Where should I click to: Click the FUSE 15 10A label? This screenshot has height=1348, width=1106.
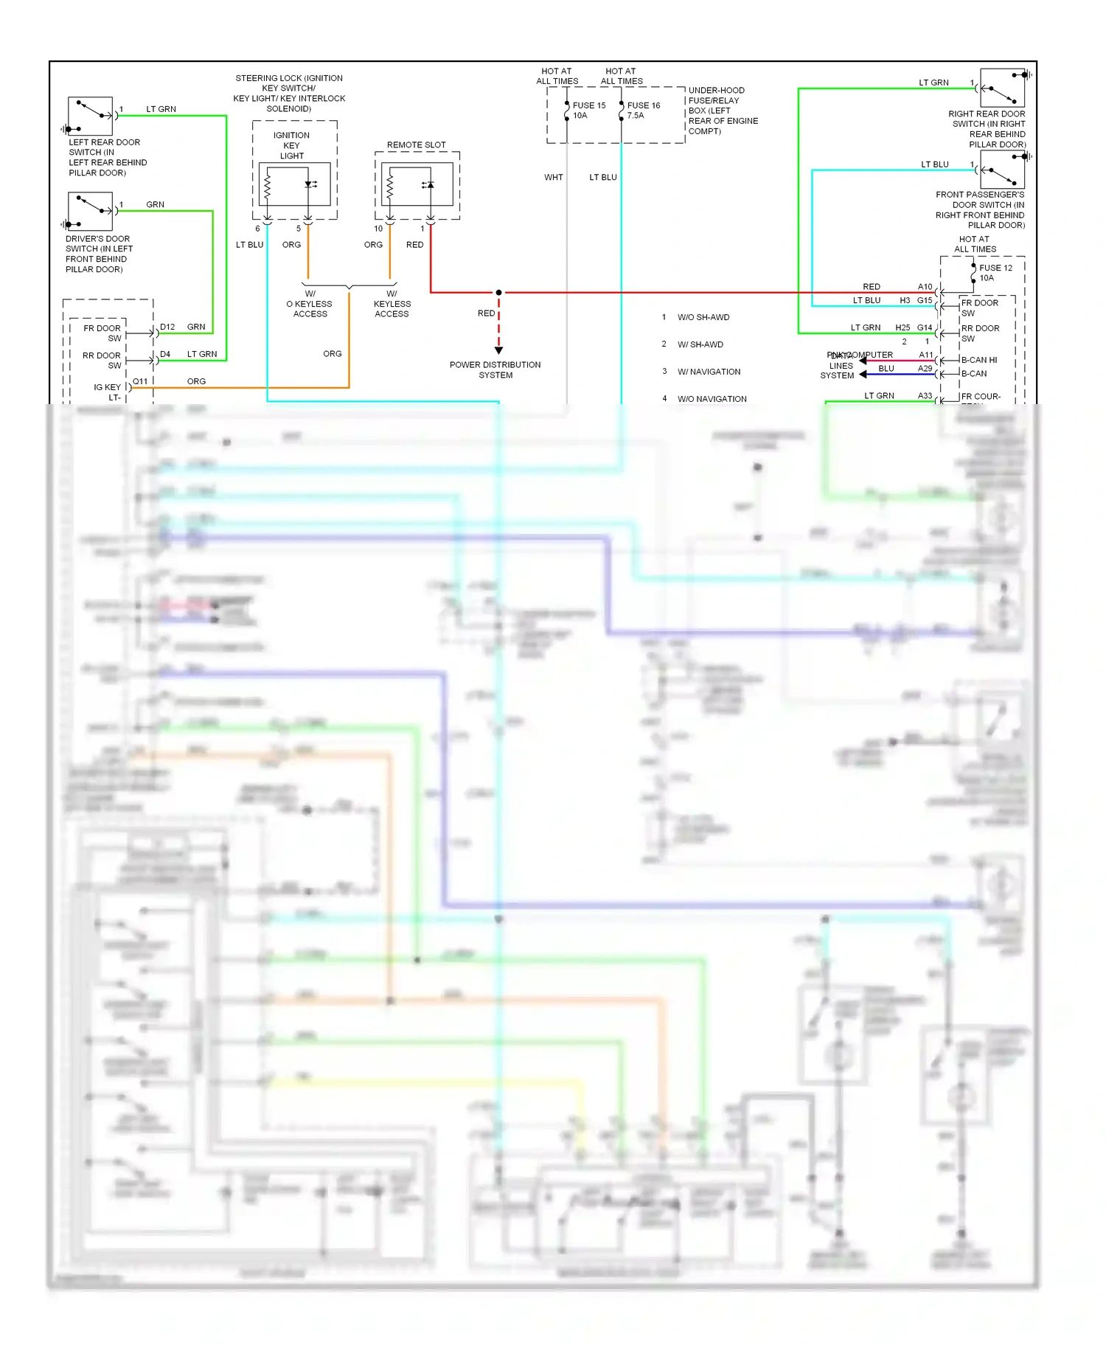click(x=588, y=111)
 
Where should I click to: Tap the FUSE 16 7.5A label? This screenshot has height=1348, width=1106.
click(x=643, y=111)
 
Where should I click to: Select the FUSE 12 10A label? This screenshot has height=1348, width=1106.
click(x=995, y=273)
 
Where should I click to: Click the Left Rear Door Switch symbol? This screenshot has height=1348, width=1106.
click(x=90, y=116)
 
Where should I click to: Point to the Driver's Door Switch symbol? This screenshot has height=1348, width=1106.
click(x=90, y=212)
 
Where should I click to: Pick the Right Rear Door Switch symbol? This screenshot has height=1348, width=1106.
click(x=1002, y=88)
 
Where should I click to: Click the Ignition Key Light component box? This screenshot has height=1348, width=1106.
click(x=294, y=185)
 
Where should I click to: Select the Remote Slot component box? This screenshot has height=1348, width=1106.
click(x=417, y=185)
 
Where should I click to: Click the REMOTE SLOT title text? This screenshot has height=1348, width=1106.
click(x=416, y=145)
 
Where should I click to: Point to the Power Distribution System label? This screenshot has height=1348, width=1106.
click(x=495, y=370)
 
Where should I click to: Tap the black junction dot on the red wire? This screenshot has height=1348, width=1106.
click(x=498, y=293)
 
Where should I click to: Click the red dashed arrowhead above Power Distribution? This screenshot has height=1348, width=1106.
click(x=498, y=350)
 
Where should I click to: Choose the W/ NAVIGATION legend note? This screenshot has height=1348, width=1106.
click(x=709, y=372)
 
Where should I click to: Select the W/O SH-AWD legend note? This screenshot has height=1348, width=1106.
click(x=703, y=318)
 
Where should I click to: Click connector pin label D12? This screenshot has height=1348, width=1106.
click(x=167, y=327)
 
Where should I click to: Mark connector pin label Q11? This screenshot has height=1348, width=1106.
click(x=140, y=381)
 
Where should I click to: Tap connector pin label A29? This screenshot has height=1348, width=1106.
click(x=925, y=369)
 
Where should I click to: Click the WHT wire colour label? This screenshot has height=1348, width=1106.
click(x=554, y=178)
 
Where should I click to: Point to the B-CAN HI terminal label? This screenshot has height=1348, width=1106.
click(x=978, y=360)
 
